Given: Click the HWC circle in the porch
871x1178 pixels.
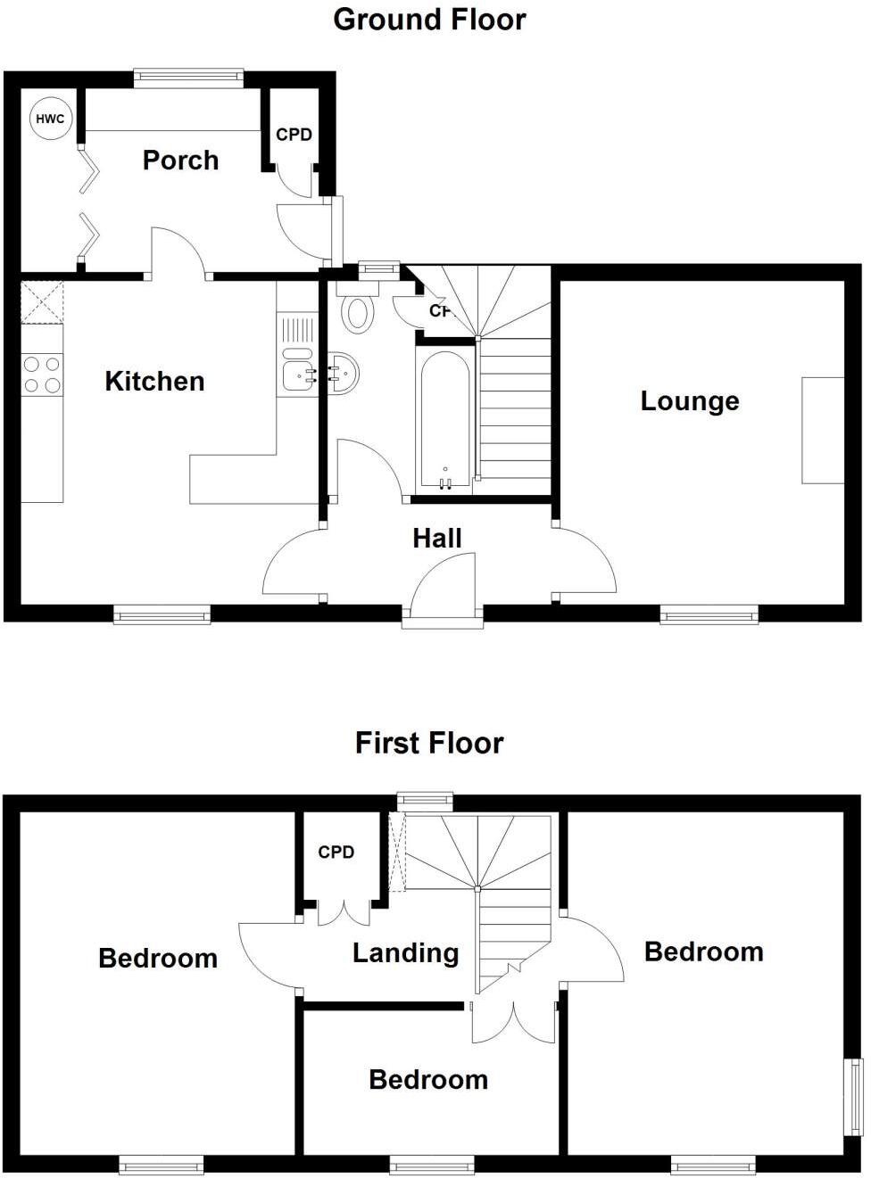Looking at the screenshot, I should pyautogui.click(x=50, y=119).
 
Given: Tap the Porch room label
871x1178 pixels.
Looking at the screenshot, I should pyautogui.click(x=180, y=161).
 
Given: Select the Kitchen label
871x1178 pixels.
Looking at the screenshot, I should pyautogui.click(x=154, y=382).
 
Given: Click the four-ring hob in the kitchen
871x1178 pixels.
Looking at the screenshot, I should pyautogui.click(x=42, y=375).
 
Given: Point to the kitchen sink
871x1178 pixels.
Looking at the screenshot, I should pyautogui.click(x=298, y=375).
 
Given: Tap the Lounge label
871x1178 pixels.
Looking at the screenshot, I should pyautogui.click(x=690, y=401).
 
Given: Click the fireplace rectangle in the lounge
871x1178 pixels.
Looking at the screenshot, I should pyautogui.click(x=823, y=431).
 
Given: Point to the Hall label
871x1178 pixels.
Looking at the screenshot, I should pyautogui.click(x=437, y=539).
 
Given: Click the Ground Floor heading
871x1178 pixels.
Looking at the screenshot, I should pyautogui.click(x=429, y=20).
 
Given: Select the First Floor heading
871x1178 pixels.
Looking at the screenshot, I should pyautogui.click(x=429, y=743).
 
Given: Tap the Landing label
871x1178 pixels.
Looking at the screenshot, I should pyautogui.click(x=405, y=953).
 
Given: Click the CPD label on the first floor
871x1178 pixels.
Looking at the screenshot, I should pyautogui.click(x=336, y=853).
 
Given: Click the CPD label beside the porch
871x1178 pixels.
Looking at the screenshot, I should pyautogui.click(x=294, y=135).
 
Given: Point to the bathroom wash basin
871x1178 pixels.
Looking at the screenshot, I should pyautogui.click(x=344, y=374).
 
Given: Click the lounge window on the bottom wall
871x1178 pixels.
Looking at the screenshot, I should pyautogui.click(x=709, y=614).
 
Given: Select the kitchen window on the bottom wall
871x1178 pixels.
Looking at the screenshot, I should pyautogui.click(x=162, y=614).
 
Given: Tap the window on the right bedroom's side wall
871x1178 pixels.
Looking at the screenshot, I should pyautogui.click(x=854, y=1097).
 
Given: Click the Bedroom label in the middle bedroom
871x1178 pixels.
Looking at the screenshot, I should pyautogui.click(x=428, y=1080).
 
